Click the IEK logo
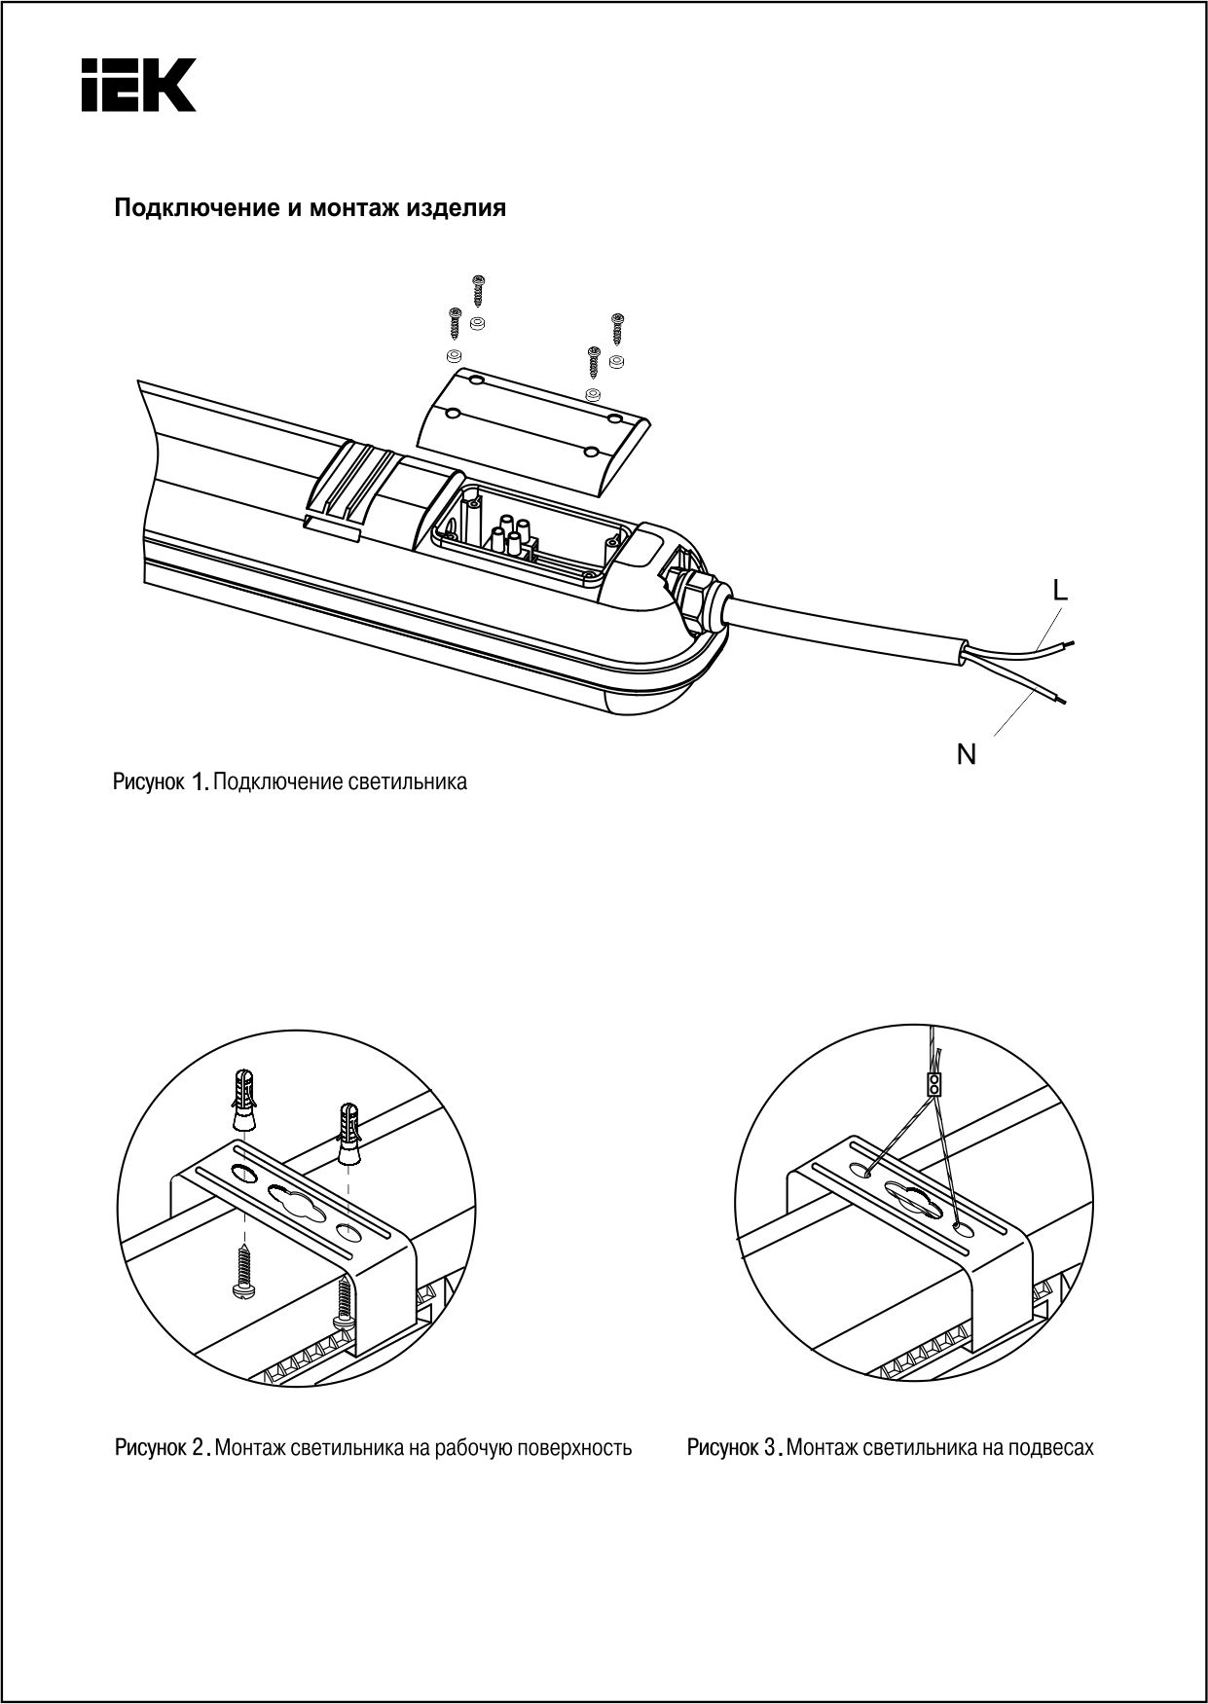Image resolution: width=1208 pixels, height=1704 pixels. tap(138, 85)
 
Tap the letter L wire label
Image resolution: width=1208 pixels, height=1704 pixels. tap(1060, 590)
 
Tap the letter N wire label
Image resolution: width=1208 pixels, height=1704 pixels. tap(966, 754)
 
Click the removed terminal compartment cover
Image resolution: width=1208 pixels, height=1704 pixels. tap(533, 424)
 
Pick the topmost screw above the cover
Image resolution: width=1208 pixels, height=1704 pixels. tap(478, 290)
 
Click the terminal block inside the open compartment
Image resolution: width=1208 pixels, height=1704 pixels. tap(512, 538)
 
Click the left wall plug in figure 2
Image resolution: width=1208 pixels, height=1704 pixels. tap(245, 1099)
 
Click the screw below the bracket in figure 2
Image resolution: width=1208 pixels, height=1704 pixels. tap(241, 1272)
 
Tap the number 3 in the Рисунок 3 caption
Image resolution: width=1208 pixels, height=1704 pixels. tap(769, 1448)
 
